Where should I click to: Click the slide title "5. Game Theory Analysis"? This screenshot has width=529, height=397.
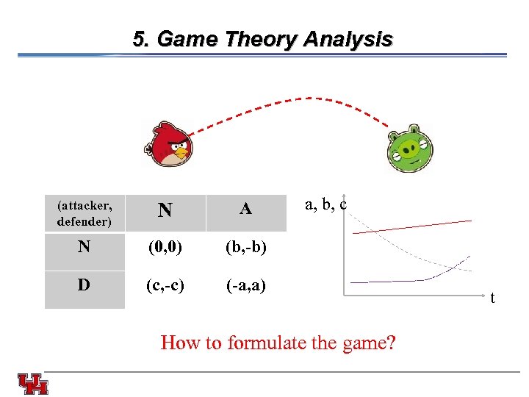pyautogui.click(x=262, y=39)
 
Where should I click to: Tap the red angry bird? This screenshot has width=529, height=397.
pyautogui.click(x=168, y=143)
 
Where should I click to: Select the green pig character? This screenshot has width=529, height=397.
pyautogui.click(x=411, y=150)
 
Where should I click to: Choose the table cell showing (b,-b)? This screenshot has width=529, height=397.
pyautogui.click(x=245, y=247)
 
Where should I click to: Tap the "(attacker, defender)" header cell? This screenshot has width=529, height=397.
pyautogui.click(x=84, y=212)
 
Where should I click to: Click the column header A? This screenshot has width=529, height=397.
pyautogui.click(x=245, y=210)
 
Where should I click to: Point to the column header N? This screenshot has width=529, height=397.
pyautogui.click(x=165, y=211)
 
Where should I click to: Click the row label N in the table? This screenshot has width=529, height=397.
pyautogui.click(x=84, y=247)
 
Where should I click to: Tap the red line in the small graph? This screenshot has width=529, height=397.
pyautogui.click(x=411, y=226)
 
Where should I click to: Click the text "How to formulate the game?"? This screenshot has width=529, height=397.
pyautogui.click(x=278, y=343)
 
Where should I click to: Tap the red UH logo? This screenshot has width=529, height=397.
pyautogui.click(x=33, y=383)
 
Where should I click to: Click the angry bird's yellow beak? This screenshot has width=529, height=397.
pyautogui.click(x=180, y=154)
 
